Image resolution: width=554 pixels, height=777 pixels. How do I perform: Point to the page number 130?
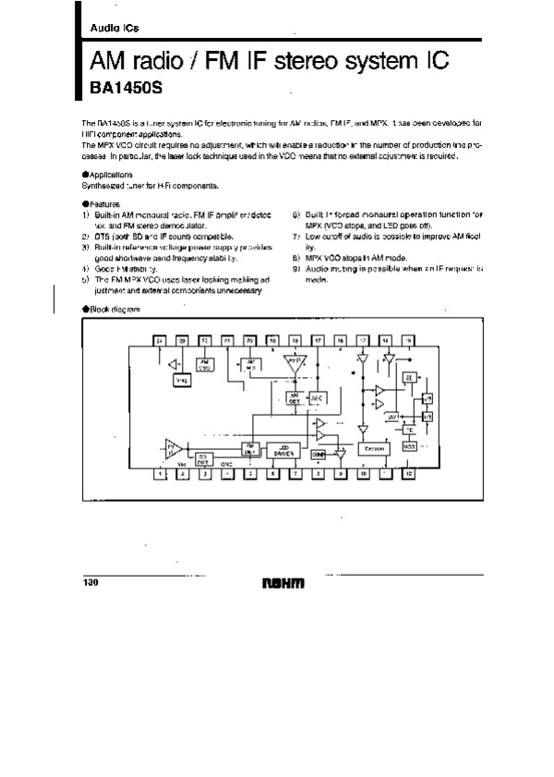[x=91, y=582]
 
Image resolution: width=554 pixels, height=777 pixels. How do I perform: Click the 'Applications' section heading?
[x=109, y=175]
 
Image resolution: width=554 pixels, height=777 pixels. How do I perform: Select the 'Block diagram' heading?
[x=112, y=309]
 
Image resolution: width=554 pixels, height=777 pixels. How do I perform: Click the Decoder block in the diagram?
[x=375, y=448]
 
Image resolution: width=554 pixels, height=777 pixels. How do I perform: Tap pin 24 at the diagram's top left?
[x=160, y=340]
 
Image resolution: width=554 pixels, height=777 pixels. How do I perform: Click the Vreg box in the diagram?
[x=181, y=380]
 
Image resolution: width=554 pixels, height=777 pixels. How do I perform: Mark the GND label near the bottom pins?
[x=227, y=466]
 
